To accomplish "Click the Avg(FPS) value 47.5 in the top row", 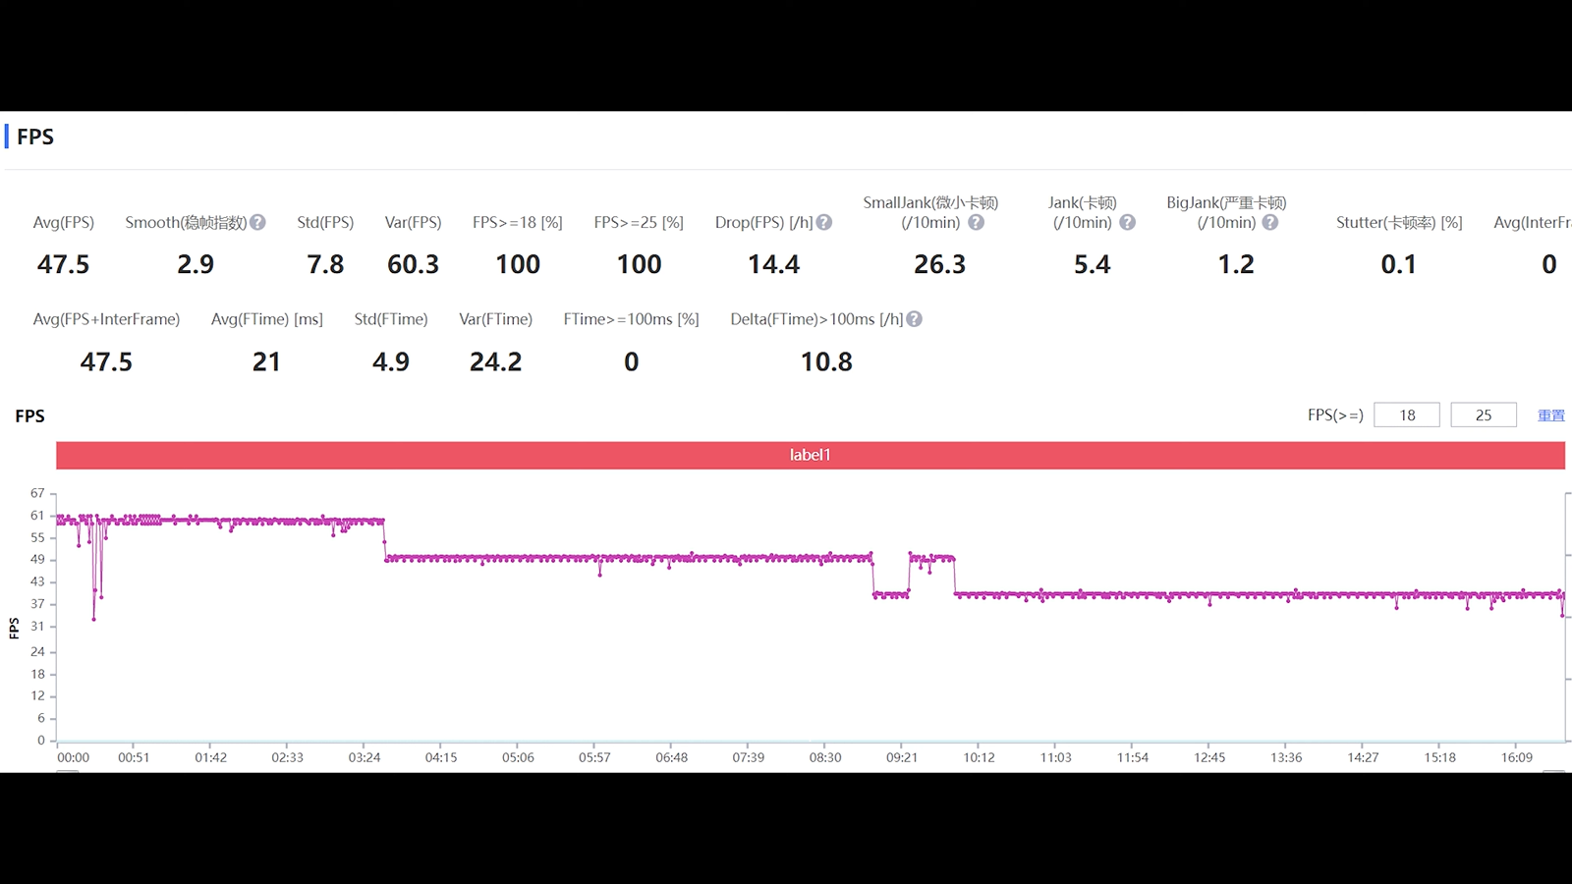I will click(x=63, y=264).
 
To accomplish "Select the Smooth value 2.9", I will click(x=196, y=264).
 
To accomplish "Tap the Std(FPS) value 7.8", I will click(x=325, y=264).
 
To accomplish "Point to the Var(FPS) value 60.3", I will click(x=413, y=264).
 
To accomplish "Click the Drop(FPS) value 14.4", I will click(x=773, y=264).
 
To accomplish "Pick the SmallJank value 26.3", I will click(x=939, y=264).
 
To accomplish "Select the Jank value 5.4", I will click(x=1092, y=264).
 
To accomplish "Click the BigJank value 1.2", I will click(x=1236, y=264).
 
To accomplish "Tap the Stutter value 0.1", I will click(x=1398, y=264).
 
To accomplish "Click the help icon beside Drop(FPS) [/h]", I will click(x=824, y=223).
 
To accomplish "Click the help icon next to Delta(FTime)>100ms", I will click(x=915, y=319).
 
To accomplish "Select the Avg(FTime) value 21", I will click(x=266, y=362).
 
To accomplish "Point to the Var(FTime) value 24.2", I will click(x=495, y=362).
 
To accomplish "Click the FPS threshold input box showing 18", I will click(x=1406, y=415).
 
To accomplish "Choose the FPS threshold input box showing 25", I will click(x=1483, y=415).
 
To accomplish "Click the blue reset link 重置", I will click(x=1550, y=415).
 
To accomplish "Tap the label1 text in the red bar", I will click(x=810, y=455).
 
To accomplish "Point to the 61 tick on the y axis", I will click(x=37, y=516).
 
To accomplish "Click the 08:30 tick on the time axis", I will click(x=825, y=757).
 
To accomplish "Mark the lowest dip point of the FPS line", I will click(x=93, y=619).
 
